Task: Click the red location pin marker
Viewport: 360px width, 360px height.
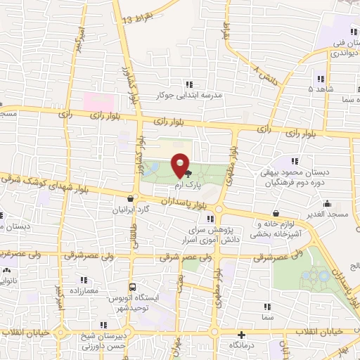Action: pos(181,166)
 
